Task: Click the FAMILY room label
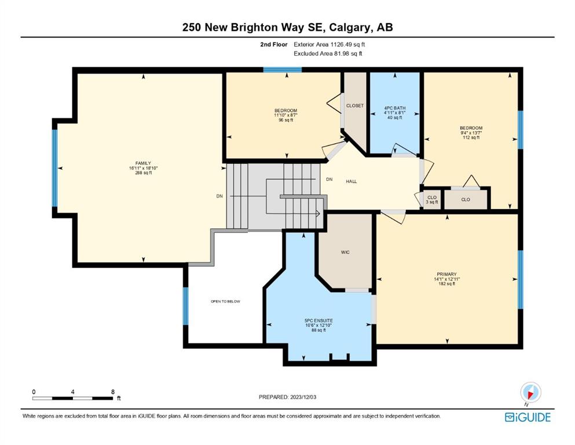(x=143, y=163)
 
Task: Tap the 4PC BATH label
(x=394, y=108)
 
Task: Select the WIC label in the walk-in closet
(x=345, y=252)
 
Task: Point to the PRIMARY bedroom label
(x=446, y=274)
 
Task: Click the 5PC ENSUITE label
(x=318, y=320)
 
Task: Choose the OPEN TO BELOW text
(x=225, y=301)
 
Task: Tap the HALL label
(x=351, y=181)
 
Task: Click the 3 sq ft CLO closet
(x=432, y=199)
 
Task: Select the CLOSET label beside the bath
(x=355, y=105)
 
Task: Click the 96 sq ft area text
(x=285, y=120)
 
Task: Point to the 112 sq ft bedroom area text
(x=471, y=137)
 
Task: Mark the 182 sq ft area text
(x=446, y=283)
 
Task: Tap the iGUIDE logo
(x=528, y=417)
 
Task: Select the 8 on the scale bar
(x=112, y=392)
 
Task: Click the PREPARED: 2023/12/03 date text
(x=287, y=397)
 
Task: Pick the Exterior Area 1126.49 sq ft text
(x=329, y=45)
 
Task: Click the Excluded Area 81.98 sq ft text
(x=328, y=53)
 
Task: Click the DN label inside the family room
(x=219, y=196)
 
